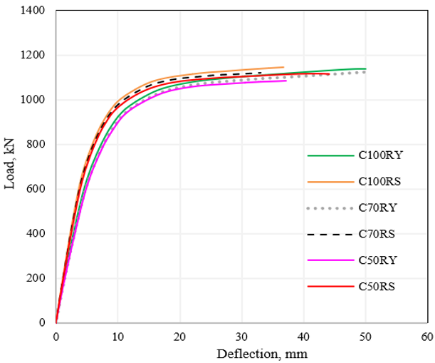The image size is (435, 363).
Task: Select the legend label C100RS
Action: click(x=379, y=181)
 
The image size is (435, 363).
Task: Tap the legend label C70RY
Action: click(x=377, y=208)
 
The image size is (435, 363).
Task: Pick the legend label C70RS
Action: click(x=377, y=234)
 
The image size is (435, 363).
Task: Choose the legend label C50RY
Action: click(x=377, y=260)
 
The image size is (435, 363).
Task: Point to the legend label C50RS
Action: click(x=377, y=286)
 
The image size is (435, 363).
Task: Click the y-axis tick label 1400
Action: click(x=33, y=10)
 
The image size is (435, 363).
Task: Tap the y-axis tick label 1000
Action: click(x=33, y=100)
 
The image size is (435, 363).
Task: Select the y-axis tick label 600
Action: click(x=36, y=189)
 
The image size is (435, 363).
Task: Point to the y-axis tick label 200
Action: click(x=36, y=278)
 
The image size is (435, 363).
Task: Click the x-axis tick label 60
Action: click(x=427, y=337)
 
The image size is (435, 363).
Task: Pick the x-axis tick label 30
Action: click(x=241, y=337)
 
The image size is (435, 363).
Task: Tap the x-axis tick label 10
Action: click(x=117, y=337)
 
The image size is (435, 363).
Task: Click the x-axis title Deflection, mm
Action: click(x=262, y=354)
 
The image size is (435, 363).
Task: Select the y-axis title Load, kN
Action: click(x=9, y=164)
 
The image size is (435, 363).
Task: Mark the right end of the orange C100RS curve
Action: click(x=283, y=67)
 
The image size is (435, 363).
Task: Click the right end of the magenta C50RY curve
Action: click(x=286, y=81)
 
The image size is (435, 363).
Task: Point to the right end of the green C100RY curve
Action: click(x=366, y=68)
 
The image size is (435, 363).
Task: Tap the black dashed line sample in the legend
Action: click(x=330, y=235)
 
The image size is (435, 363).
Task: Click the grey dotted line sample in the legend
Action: click(x=330, y=208)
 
